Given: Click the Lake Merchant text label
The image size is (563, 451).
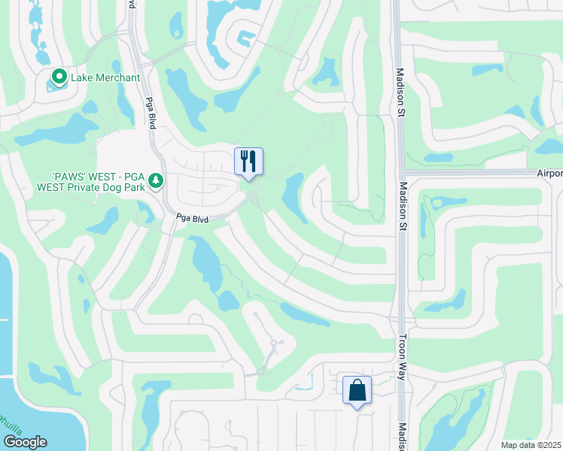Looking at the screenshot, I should [x=105, y=77].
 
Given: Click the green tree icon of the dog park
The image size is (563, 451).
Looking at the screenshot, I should [x=156, y=180].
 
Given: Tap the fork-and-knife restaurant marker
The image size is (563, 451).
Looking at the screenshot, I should [x=248, y=161].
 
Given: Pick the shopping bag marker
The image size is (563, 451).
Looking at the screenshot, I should [x=357, y=390].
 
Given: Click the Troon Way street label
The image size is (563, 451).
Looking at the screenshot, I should [x=402, y=356].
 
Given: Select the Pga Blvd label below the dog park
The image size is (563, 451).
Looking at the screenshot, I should [x=192, y=218].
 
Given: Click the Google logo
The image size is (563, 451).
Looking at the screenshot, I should [x=25, y=442].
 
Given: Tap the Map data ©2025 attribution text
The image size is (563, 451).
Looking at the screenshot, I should [x=531, y=445].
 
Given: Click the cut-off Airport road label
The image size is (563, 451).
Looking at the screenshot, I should [x=549, y=173].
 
